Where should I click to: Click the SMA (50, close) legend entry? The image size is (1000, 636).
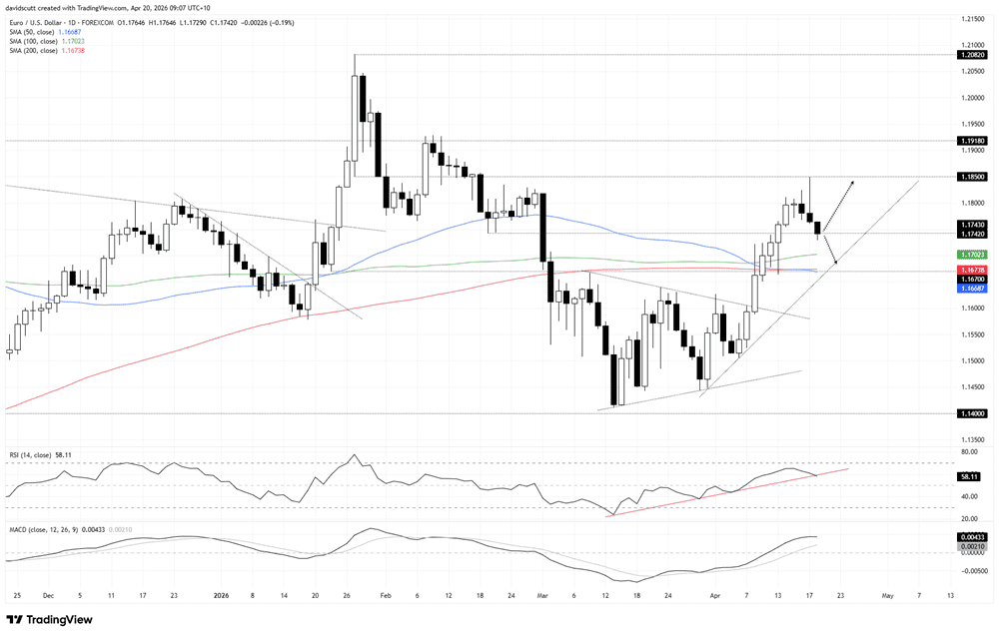[x=33, y=32]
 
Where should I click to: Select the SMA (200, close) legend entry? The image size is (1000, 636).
[x=34, y=50]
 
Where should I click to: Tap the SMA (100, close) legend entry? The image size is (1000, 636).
[x=34, y=41]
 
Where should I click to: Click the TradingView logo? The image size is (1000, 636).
[x=50, y=619]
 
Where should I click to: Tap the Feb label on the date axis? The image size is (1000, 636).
[x=386, y=596]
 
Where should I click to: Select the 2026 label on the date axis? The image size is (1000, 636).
[x=221, y=596]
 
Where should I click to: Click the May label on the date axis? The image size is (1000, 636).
[x=887, y=596]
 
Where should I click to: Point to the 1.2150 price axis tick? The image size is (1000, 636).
[x=972, y=19]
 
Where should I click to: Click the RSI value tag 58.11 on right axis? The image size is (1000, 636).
[x=969, y=476]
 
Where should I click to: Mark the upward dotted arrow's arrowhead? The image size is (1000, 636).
[x=852, y=183]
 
